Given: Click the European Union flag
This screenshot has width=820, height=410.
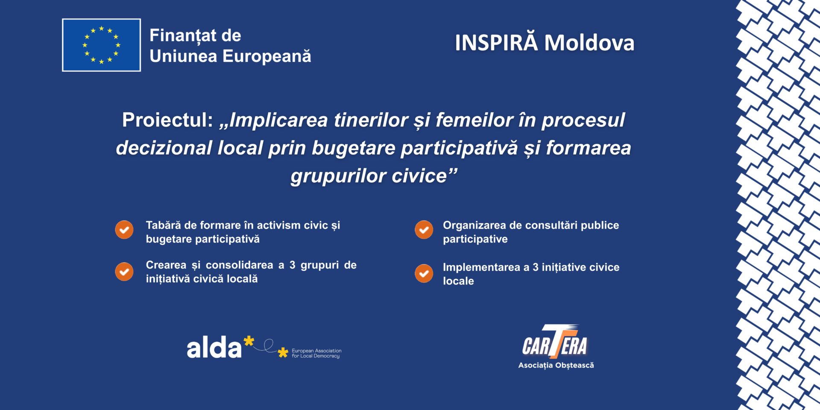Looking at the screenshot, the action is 101,45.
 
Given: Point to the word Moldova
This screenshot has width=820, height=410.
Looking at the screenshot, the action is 589,43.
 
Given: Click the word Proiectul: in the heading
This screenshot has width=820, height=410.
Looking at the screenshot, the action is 167,120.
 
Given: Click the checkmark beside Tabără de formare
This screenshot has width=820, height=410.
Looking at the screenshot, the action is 124,230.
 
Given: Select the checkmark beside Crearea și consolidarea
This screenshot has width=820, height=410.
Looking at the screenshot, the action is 124,272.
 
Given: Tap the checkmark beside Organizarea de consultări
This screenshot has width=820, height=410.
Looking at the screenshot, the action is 424,230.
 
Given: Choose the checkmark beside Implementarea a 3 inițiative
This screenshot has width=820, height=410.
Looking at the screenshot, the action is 424,273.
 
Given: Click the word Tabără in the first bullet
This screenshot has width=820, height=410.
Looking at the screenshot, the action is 164,225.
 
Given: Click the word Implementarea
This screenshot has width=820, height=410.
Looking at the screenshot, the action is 481,267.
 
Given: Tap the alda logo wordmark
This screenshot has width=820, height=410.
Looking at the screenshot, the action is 214,347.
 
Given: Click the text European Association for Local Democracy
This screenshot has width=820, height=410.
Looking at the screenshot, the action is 316,353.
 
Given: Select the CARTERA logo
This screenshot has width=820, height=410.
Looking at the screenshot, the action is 555,342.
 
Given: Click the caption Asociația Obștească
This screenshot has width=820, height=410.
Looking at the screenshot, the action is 556,365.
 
